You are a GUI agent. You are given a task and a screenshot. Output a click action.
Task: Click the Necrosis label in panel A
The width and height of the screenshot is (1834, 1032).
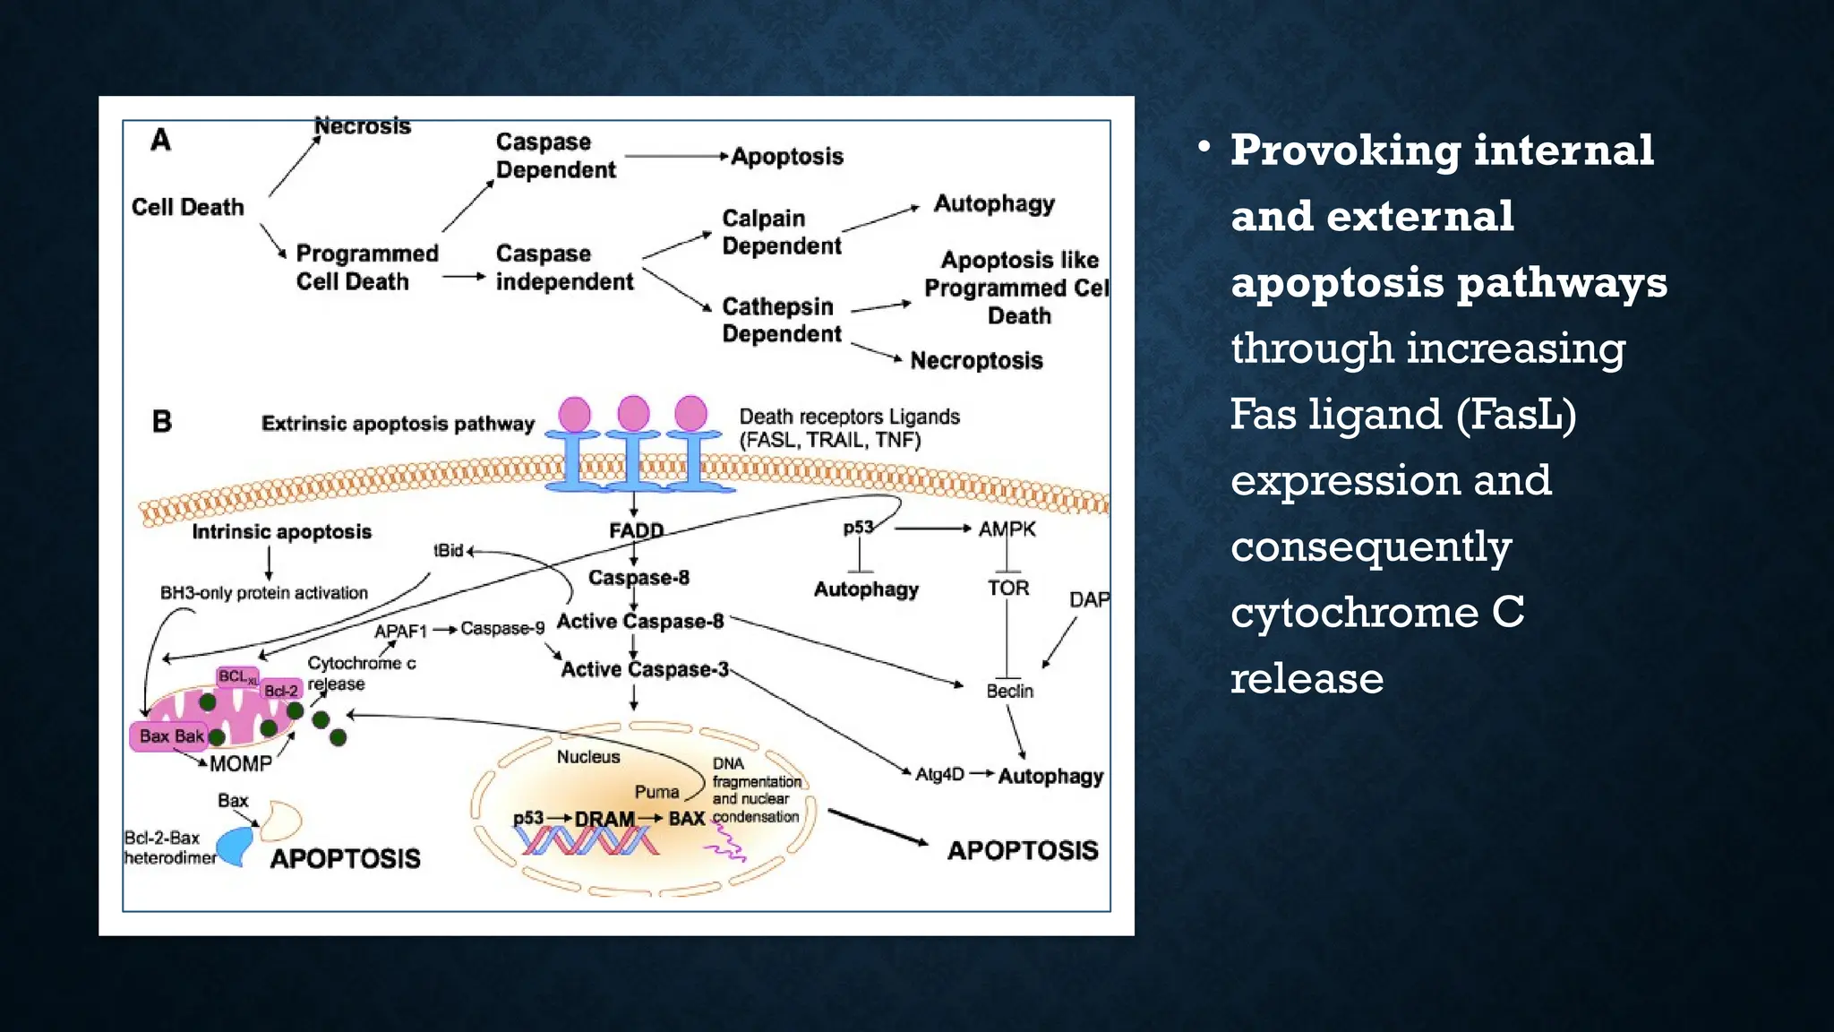(x=362, y=126)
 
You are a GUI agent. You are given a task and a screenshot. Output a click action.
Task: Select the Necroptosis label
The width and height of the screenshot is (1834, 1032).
(x=976, y=360)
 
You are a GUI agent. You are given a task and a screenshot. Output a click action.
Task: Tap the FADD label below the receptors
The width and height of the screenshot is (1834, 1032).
(x=636, y=530)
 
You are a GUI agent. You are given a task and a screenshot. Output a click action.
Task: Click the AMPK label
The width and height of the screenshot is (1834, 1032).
(x=1007, y=529)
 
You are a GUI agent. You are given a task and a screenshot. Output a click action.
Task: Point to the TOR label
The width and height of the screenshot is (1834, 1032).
(x=1008, y=589)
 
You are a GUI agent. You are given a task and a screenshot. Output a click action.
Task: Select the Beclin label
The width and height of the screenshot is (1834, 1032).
(x=1009, y=691)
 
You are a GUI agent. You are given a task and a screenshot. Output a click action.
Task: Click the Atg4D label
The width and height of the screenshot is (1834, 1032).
(x=939, y=774)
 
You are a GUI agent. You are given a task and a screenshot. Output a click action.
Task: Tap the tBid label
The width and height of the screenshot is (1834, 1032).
(x=448, y=550)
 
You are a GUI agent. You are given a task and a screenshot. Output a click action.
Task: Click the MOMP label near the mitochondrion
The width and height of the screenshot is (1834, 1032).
(x=240, y=763)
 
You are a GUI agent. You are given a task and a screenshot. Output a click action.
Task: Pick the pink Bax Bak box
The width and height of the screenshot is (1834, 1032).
(x=170, y=736)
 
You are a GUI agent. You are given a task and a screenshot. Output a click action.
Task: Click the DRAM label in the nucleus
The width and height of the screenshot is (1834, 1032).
(x=604, y=819)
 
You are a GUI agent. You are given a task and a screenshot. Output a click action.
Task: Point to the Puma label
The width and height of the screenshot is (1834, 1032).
(x=656, y=792)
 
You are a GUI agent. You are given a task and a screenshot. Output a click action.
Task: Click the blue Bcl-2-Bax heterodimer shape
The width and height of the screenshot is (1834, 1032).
(x=236, y=846)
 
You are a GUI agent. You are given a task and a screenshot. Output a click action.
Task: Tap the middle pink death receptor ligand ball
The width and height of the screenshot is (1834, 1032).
(x=633, y=413)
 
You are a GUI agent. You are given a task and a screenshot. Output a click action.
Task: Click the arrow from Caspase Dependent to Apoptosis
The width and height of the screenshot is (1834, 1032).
(x=676, y=156)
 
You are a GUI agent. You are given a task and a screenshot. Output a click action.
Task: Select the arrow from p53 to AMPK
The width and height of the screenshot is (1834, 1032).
(x=931, y=529)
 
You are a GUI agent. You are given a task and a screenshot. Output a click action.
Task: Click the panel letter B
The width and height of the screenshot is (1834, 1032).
(x=162, y=421)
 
